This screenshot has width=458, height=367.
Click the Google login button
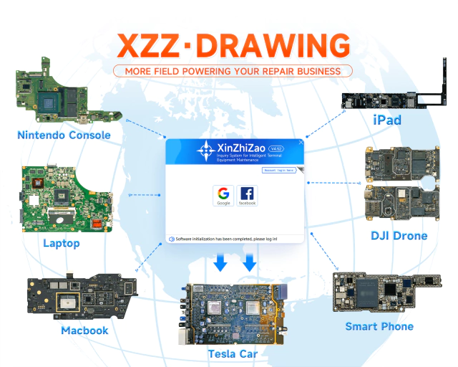[x=223, y=195]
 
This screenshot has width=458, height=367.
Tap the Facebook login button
[x=247, y=195]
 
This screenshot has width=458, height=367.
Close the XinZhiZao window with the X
[x=301, y=143]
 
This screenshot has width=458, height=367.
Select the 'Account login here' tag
[x=279, y=171]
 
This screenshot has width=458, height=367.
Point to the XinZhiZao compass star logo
[x=207, y=151]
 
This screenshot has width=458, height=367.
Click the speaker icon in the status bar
[x=172, y=238]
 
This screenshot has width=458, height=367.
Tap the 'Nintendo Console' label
[x=64, y=135]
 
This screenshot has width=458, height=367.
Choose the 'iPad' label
[x=386, y=120]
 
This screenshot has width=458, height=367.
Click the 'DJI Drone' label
[x=399, y=235]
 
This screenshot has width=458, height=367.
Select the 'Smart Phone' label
[x=379, y=326]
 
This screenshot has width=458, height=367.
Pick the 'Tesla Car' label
[x=233, y=353]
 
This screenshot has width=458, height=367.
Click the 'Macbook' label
[x=84, y=330]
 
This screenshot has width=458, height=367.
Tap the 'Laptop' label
[x=62, y=243]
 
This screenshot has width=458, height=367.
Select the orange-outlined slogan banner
[x=233, y=71]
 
